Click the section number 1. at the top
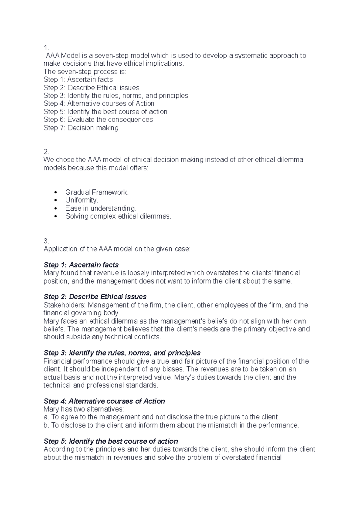tap(46, 48)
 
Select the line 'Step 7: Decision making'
tap(81, 128)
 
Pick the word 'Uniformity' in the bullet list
tap(80, 200)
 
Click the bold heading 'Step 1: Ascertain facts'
tap(81, 265)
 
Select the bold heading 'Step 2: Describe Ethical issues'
tap(95, 297)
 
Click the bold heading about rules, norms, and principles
tap(122, 353)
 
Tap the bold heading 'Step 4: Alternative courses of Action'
tap(104, 401)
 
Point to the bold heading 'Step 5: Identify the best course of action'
tap(111, 441)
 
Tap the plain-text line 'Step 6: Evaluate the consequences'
tap(98, 120)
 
